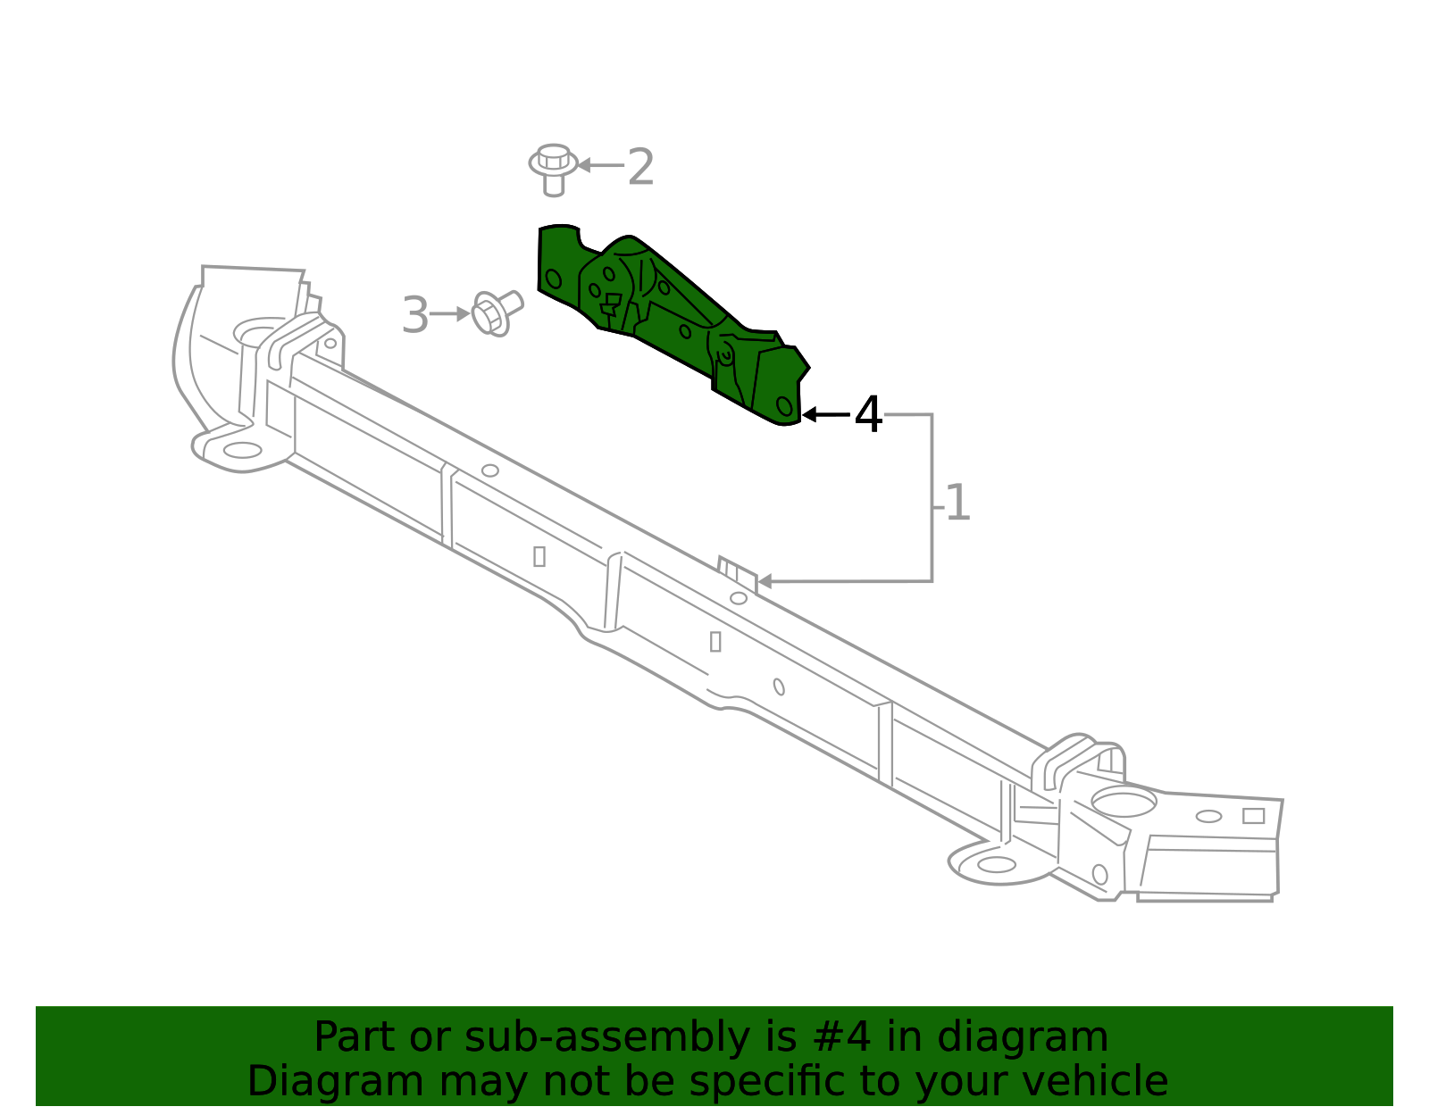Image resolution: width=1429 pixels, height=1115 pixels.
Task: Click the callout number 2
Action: pos(640,167)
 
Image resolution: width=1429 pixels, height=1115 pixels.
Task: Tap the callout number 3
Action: pos(414,315)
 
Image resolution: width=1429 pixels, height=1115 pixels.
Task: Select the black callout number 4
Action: pos(868,415)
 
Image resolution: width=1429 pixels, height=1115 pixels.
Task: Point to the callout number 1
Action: pos(957,503)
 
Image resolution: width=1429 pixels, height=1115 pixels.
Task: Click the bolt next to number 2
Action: pos(553,168)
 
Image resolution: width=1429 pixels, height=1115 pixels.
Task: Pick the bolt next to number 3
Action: pos(495,312)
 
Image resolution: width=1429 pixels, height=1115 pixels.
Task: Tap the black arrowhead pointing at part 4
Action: pos(808,415)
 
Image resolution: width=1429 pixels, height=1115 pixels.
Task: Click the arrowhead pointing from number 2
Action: pos(583,165)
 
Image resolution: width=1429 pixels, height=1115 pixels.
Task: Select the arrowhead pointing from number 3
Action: pos(463,314)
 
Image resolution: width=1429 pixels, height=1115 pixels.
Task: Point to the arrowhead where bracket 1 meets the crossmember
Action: pos(765,582)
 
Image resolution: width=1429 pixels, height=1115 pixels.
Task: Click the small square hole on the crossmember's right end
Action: pos(1253,816)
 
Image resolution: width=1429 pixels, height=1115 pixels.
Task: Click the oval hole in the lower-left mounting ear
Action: pos(242,450)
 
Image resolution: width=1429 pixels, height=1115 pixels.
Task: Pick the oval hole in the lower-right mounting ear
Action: pos(997,864)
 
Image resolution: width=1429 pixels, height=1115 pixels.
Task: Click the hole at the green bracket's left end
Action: pos(554,279)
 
